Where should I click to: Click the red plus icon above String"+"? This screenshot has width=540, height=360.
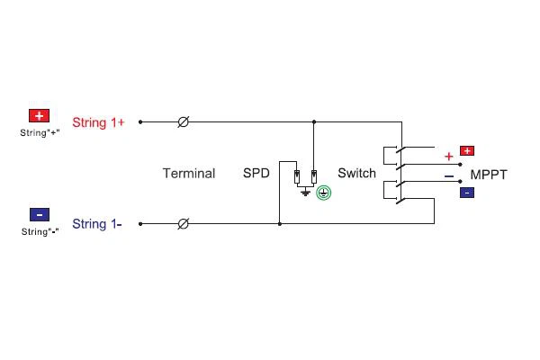pos(39,116)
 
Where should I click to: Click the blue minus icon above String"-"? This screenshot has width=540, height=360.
pos(40,214)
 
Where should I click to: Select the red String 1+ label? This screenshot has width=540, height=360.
pos(98,122)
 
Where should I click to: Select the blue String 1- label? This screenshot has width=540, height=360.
pos(97,224)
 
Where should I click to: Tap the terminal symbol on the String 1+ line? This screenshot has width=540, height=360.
pos(184,122)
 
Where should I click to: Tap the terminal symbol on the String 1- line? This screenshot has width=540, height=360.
pos(184,224)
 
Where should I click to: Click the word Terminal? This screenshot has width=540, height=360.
pos(189,174)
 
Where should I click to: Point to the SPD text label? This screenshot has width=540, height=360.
pos(256,173)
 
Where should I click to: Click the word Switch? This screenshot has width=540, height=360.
pos(356,173)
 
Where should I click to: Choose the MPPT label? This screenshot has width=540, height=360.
pos(489,175)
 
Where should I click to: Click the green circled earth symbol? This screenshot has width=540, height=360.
pos(324,193)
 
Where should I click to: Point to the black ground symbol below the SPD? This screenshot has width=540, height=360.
pos(305,193)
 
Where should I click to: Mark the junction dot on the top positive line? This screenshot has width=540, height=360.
pos(314,122)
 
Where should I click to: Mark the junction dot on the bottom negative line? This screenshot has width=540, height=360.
pos(280,224)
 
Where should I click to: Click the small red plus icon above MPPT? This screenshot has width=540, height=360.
pos(467,151)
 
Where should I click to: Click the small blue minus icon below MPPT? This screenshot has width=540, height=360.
pos(467,193)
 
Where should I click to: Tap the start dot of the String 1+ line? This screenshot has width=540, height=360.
pos(140,122)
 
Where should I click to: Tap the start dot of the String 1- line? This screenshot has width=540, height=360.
pos(140,224)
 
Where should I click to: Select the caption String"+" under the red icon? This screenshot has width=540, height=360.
pos(40,132)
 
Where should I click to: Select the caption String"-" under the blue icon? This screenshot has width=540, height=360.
pos(40,231)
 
